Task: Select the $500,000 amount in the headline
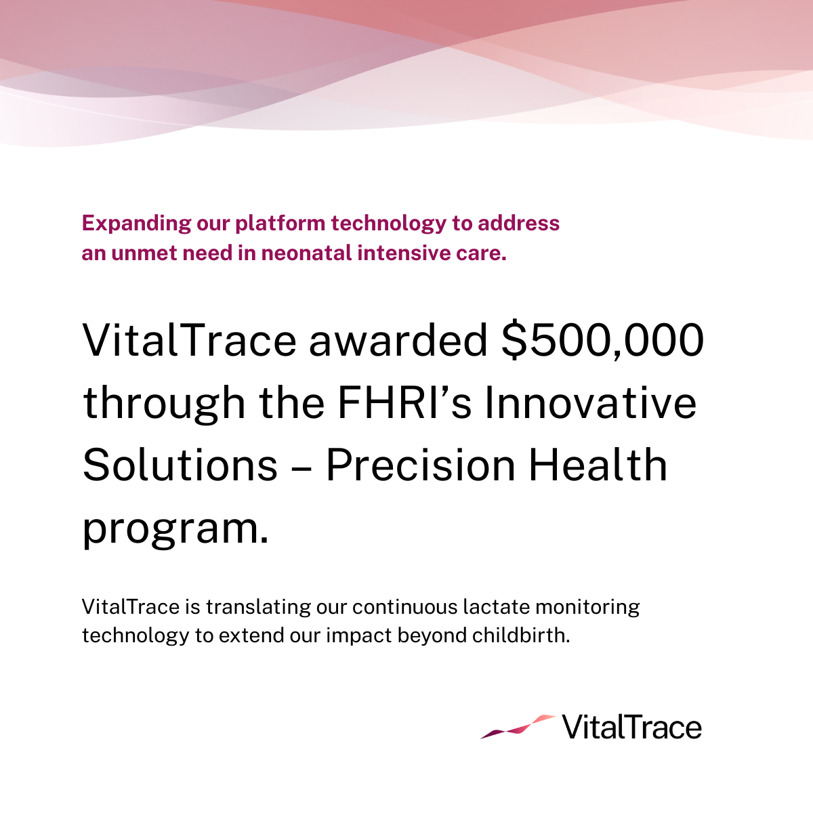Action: pos(602,340)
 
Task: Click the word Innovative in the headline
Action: pos(589,402)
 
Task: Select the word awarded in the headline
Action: pos(398,340)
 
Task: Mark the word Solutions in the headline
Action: pos(180,465)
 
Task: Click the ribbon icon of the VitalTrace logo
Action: pos(518,726)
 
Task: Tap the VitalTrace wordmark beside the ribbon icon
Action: pos(631,728)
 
